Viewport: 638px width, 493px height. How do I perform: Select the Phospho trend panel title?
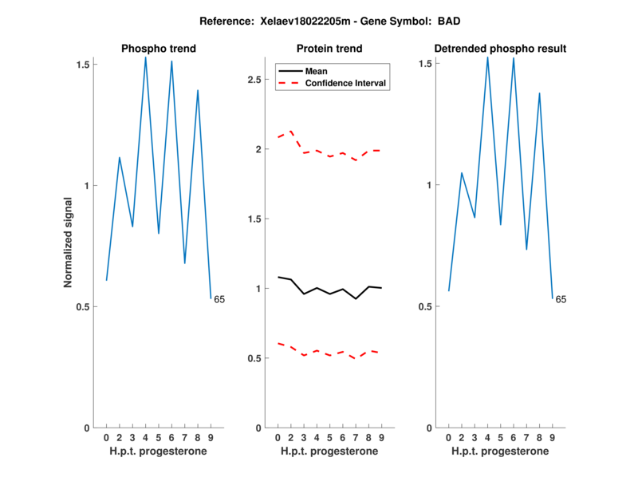(x=158, y=49)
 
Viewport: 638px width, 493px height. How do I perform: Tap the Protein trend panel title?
(x=329, y=49)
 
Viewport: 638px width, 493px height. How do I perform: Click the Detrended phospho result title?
(x=500, y=49)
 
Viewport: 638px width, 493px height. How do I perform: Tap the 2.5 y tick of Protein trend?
(x=253, y=80)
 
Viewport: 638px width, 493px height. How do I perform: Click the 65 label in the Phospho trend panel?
(x=219, y=300)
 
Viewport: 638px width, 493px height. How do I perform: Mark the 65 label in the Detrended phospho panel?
(x=561, y=300)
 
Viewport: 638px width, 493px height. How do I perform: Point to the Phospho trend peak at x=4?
(x=145, y=57)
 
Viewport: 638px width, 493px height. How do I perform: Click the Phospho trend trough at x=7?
(x=184, y=263)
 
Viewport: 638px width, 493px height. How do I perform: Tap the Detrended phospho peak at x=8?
(x=539, y=93)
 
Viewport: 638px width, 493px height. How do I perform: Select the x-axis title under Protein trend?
(x=329, y=452)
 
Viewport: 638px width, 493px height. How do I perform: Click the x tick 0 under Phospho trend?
(x=106, y=438)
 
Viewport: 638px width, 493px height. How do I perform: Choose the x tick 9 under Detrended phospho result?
(x=552, y=438)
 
